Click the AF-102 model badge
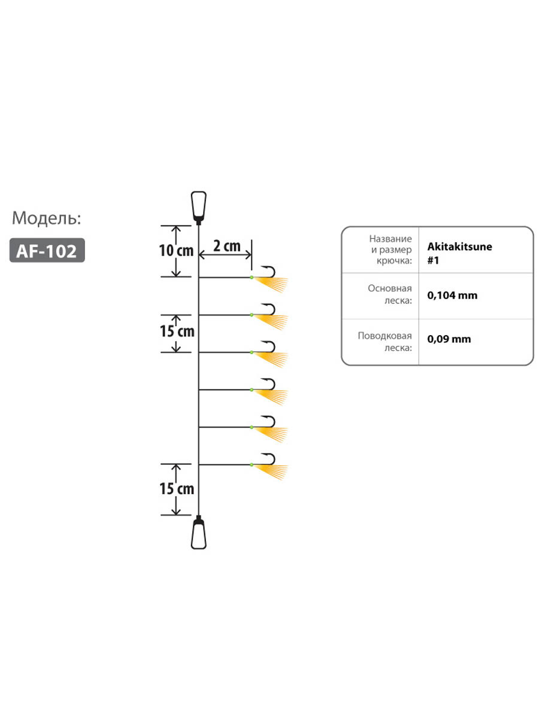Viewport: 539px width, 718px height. (x=47, y=250)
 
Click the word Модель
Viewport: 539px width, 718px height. (x=47, y=218)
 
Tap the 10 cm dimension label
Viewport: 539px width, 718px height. (x=176, y=251)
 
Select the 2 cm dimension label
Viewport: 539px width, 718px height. (x=227, y=246)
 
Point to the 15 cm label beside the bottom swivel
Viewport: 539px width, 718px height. (x=177, y=489)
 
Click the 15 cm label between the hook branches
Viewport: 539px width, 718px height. (x=177, y=331)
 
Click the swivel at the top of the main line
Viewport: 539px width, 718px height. (x=199, y=208)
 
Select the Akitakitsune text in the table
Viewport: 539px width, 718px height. (x=459, y=247)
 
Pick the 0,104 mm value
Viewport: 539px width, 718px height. (x=452, y=296)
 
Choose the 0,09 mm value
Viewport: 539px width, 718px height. (x=449, y=339)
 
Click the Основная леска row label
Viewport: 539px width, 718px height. (x=390, y=294)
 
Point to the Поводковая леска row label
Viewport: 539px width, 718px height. (x=385, y=342)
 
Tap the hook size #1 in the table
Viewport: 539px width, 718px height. (x=433, y=260)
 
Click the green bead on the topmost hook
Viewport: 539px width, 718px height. (x=252, y=278)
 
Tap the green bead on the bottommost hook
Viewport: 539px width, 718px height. (x=252, y=464)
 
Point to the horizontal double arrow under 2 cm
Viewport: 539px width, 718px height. (x=225, y=255)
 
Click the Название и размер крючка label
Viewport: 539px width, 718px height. (x=390, y=250)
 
